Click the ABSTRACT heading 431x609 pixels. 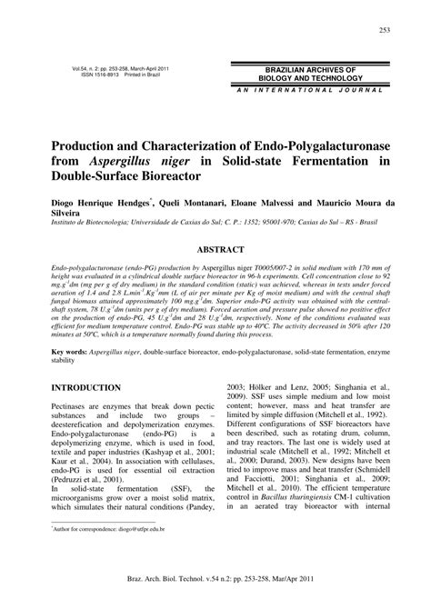coord(215,247)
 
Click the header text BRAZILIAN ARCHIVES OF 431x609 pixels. coord(310,69)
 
